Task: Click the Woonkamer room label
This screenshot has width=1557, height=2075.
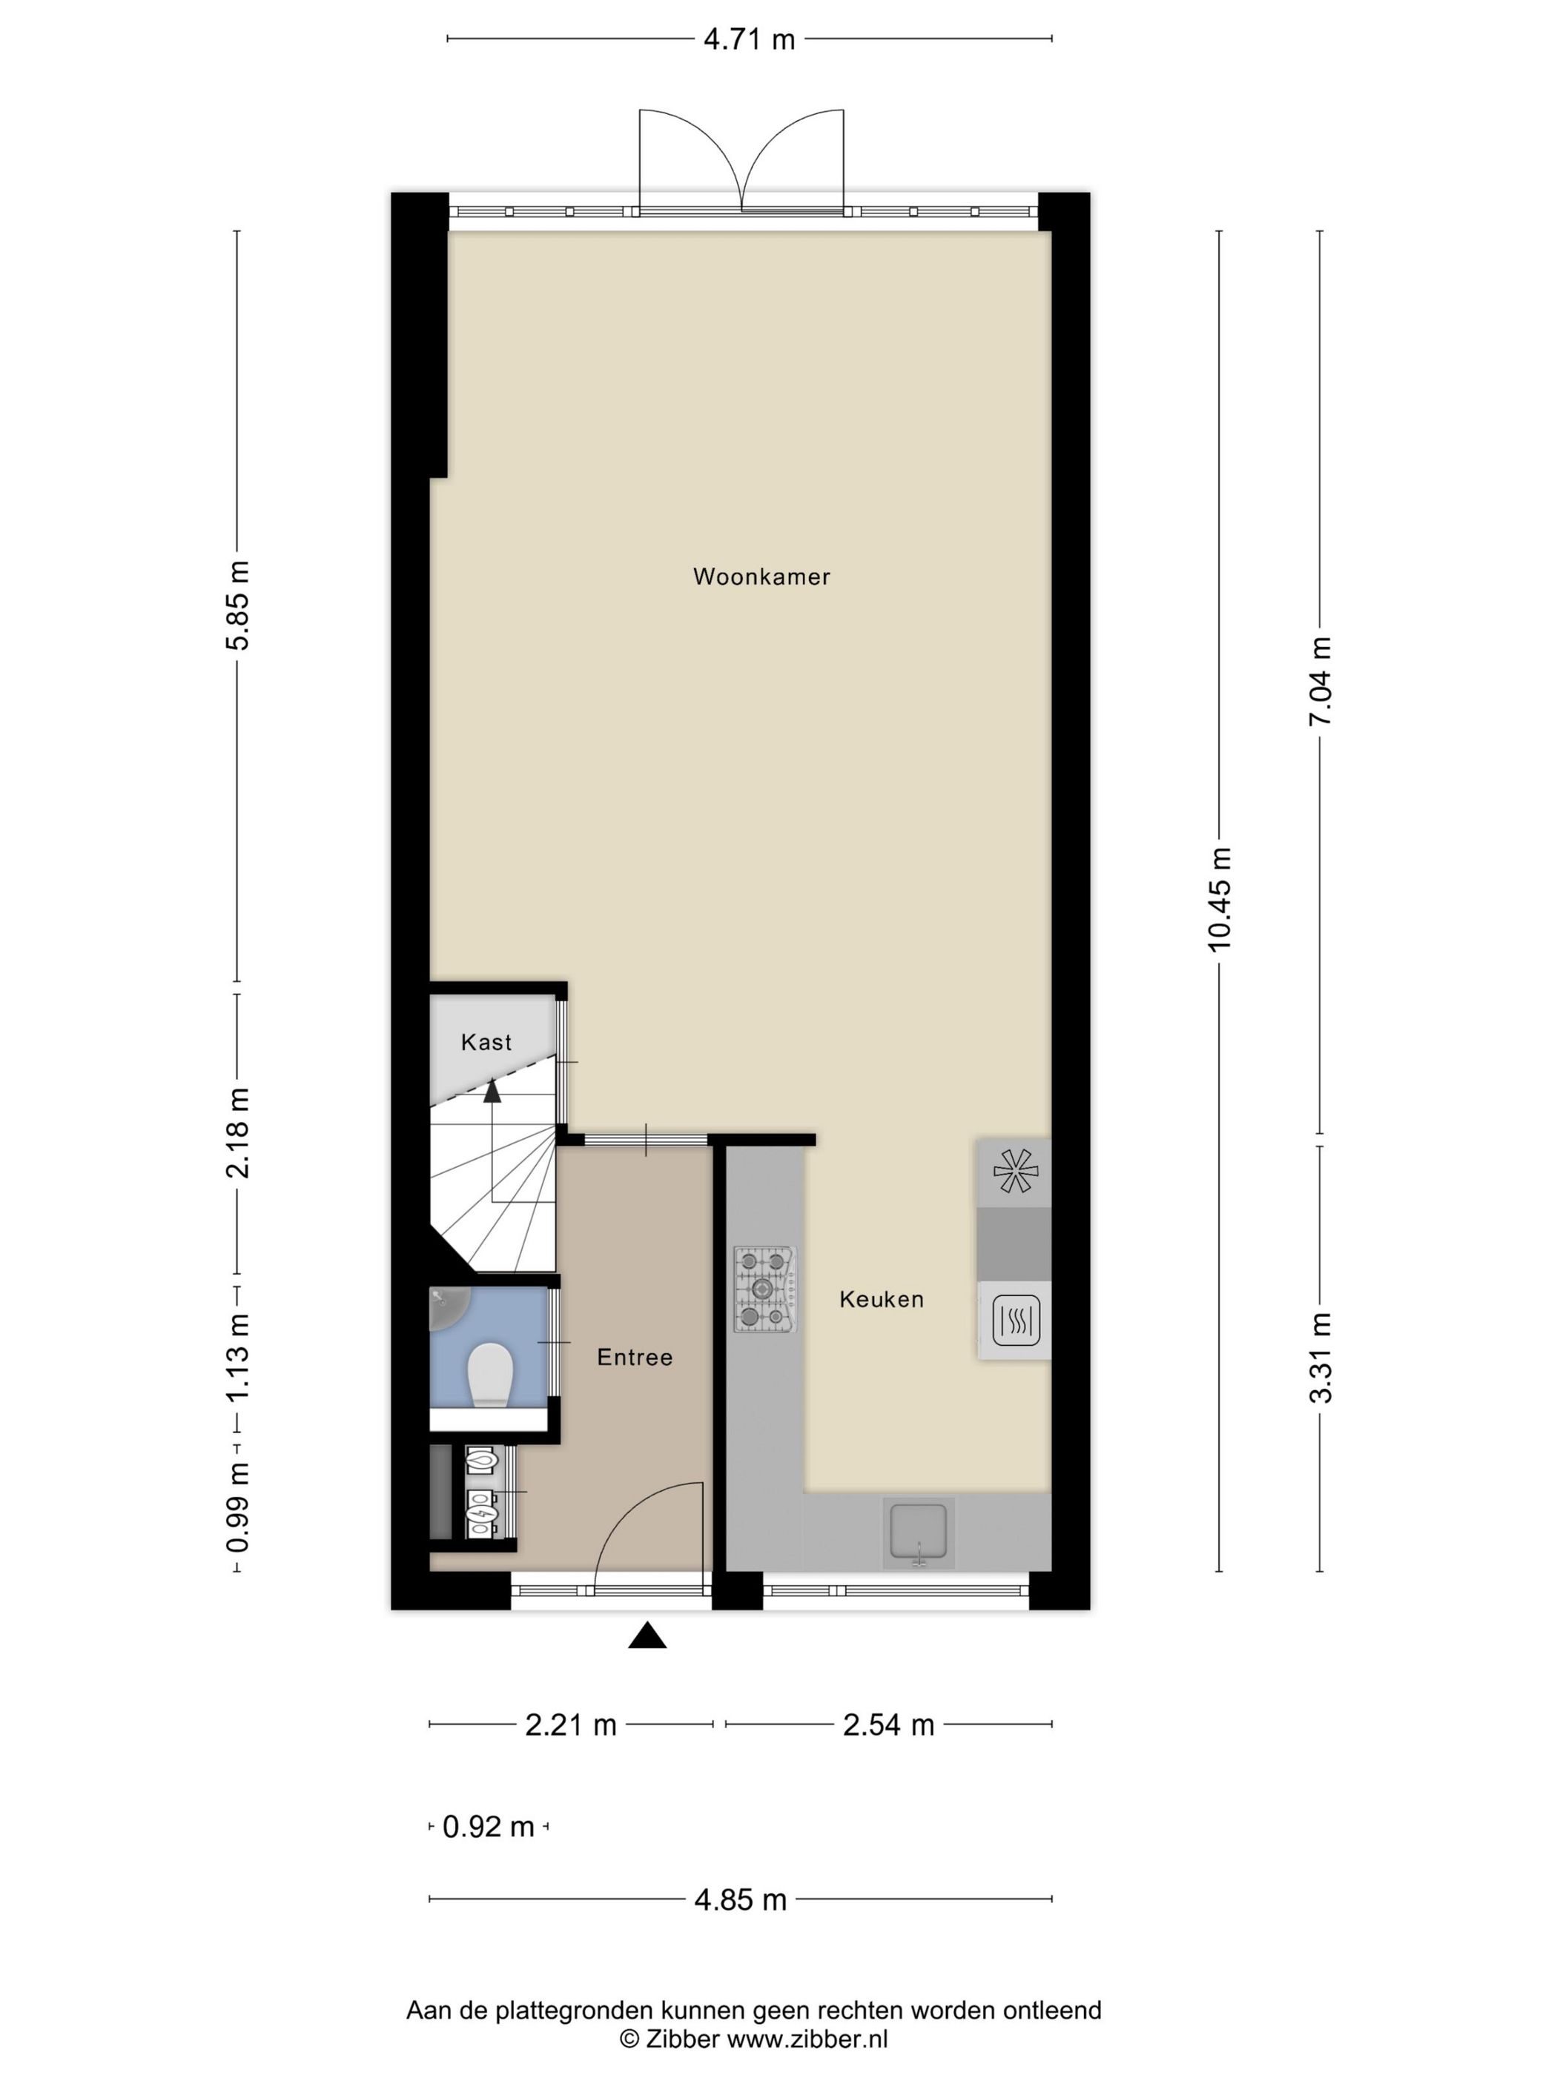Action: (761, 577)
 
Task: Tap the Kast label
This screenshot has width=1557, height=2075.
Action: (486, 1042)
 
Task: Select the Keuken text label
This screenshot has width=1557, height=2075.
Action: (882, 1299)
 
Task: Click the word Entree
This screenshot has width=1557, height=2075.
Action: (635, 1358)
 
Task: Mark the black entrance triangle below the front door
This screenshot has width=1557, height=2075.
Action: (647, 1636)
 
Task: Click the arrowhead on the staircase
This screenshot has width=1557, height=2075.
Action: (491, 1089)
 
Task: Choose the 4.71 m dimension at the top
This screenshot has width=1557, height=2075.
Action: (749, 39)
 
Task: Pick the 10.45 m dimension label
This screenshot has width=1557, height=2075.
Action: (1219, 900)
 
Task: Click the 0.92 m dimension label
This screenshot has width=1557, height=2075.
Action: (488, 1827)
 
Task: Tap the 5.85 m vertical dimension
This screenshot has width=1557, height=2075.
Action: (237, 605)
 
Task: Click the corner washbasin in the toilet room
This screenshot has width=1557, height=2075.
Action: (445, 1306)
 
